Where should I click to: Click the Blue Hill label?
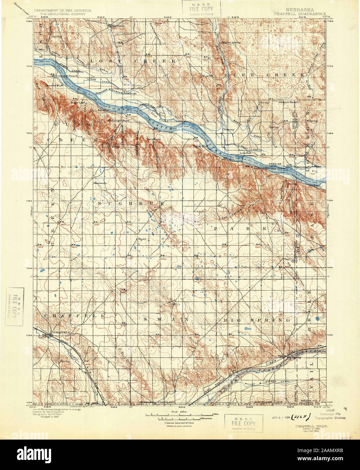(207, 76)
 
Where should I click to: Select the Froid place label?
(142, 239)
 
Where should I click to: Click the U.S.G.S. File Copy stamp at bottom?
(244, 423)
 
